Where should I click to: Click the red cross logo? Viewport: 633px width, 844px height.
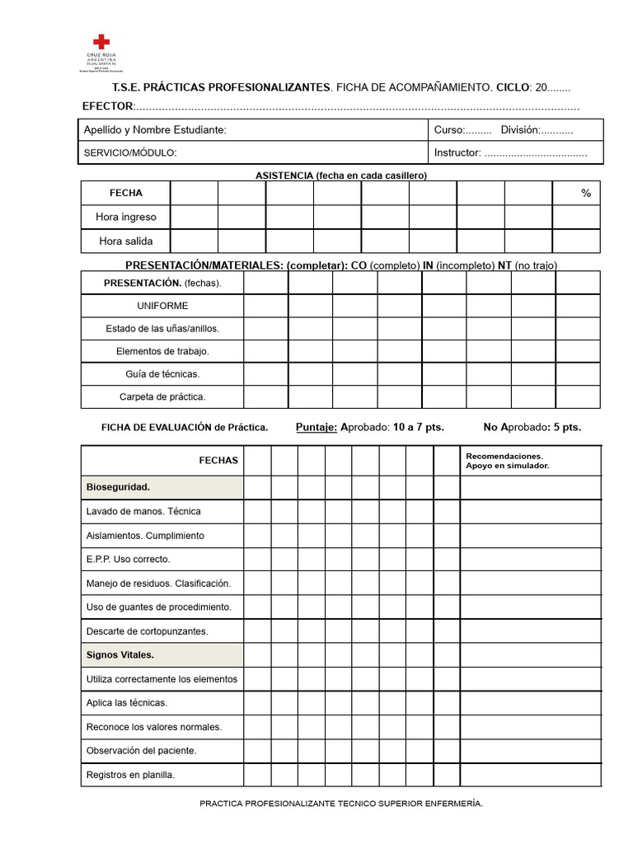(101, 42)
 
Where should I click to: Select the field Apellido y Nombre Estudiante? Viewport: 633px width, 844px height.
(155, 130)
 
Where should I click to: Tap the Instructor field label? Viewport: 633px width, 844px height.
(457, 152)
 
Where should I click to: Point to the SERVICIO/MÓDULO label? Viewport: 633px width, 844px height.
(130, 152)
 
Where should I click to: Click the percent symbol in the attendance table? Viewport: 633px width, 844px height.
(586, 193)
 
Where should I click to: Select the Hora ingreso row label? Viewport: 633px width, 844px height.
(125, 217)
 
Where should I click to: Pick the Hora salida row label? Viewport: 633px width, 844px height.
(125, 241)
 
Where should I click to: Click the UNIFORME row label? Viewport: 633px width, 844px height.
(162, 306)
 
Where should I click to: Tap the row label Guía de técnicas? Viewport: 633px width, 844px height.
(162, 374)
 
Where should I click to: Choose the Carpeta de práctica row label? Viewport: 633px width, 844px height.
(162, 396)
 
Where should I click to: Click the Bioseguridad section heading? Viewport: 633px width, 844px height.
(118, 487)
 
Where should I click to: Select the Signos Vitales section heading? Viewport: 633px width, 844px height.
(120, 655)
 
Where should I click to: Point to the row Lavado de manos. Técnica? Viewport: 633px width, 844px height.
(143, 511)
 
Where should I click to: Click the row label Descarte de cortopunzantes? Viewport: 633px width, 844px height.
(147, 631)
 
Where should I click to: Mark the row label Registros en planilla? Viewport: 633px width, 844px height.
(130, 775)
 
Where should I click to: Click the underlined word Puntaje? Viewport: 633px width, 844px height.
(316, 427)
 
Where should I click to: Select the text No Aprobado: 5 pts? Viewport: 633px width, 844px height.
(532, 427)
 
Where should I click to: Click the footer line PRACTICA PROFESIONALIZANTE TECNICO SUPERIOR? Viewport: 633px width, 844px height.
(341, 803)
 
